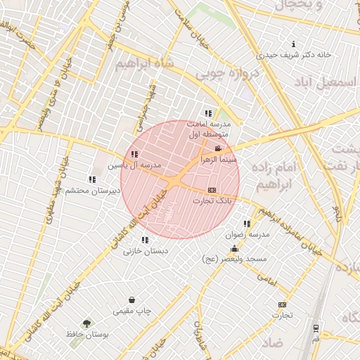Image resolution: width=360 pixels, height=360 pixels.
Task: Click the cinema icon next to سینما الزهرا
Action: click(218, 148)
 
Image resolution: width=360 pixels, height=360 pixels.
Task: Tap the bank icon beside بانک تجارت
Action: click(212, 190)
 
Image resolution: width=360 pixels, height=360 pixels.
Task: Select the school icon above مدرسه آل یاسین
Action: click(134, 154)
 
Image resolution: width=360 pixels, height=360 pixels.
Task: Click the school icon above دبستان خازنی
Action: click(146, 240)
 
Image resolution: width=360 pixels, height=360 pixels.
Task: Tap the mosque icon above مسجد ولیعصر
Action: click(234, 248)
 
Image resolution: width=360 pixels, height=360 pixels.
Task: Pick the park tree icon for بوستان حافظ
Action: click(86, 323)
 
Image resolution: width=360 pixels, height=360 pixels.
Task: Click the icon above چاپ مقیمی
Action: click(131, 300)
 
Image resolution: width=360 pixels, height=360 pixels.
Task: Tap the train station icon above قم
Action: click(316, 328)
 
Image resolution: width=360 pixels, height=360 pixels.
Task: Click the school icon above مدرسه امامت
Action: click(207, 112)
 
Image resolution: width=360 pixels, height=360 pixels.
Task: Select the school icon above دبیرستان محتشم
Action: click(91, 179)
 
